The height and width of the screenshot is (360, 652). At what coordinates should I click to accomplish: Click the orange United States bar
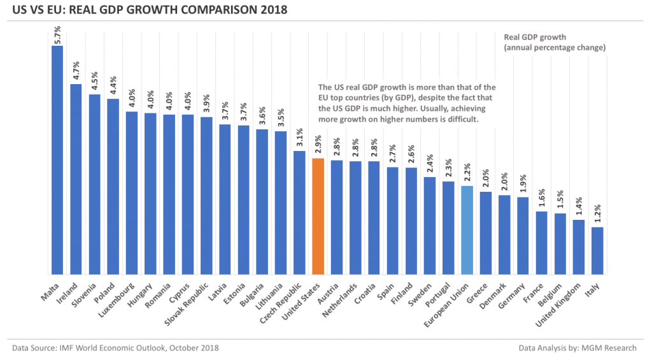[318, 216]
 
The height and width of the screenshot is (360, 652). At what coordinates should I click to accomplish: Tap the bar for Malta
[57, 159]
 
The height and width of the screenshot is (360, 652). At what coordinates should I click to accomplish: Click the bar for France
[541, 243]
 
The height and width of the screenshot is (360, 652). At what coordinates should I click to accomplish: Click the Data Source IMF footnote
[115, 348]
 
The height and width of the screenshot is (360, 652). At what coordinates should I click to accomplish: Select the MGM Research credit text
[579, 348]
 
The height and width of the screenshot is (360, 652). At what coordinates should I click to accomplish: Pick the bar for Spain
[393, 220]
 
